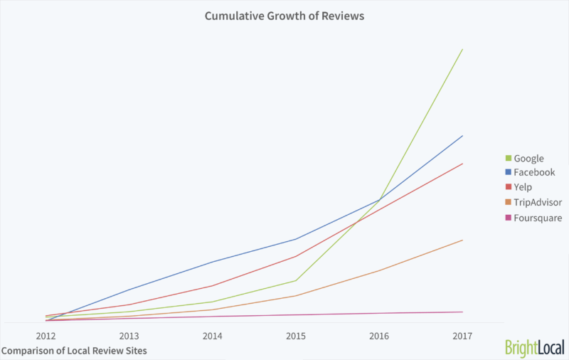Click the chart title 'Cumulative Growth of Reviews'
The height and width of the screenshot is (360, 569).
click(284, 15)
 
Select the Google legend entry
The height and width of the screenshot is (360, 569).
click(528, 158)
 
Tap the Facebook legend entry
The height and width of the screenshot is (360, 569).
click(533, 172)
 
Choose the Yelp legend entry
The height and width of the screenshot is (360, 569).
click(523, 187)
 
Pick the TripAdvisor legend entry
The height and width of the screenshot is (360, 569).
click(537, 203)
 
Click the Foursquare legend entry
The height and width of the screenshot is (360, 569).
click(537, 218)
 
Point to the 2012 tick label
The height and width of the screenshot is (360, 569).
click(46, 335)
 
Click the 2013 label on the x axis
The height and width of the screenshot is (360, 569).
click(129, 335)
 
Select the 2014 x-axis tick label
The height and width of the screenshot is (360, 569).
click(212, 335)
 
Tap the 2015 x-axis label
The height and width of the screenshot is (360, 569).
click(296, 335)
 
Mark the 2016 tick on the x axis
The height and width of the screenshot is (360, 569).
click(379, 335)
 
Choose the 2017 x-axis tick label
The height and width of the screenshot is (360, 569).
click(462, 335)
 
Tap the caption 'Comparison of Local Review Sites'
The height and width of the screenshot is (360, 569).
click(74, 351)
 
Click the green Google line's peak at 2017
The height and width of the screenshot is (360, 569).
click(463, 49)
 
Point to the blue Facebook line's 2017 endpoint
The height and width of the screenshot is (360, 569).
click(463, 135)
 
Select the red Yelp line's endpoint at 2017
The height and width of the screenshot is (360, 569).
click(463, 164)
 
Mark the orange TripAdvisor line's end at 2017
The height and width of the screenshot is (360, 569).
click(463, 240)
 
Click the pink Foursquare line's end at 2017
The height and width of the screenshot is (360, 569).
click(463, 312)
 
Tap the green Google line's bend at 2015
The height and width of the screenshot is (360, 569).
click(296, 280)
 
